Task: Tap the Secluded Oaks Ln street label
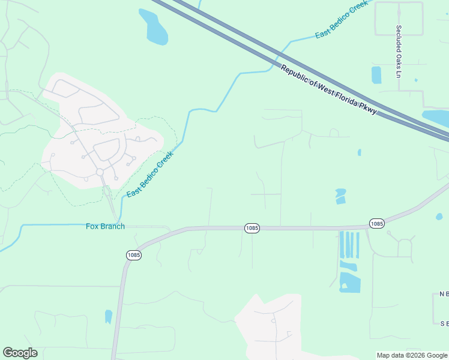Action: [398, 51]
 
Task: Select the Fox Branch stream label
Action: [105, 226]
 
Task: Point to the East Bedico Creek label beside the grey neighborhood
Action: [150, 175]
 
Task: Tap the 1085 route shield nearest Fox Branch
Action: [134, 255]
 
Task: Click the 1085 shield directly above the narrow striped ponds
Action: [376, 224]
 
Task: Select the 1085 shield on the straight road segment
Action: [252, 228]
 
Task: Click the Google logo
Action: [20, 353]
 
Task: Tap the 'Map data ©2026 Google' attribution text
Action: [412, 355]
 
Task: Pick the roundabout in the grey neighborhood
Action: [100, 172]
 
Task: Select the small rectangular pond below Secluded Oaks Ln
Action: [376, 75]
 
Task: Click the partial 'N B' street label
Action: [444, 294]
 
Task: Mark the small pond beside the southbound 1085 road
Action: [109, 316]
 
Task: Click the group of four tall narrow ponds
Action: [349, 245]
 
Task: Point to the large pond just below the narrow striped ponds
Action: [349, 282]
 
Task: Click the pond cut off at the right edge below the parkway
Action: [436, 117]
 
